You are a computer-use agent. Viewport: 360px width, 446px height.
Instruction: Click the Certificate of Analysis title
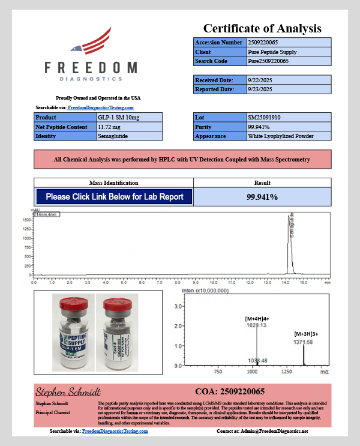262,28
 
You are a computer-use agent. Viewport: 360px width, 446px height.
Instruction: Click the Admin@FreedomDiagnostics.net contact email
280,431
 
